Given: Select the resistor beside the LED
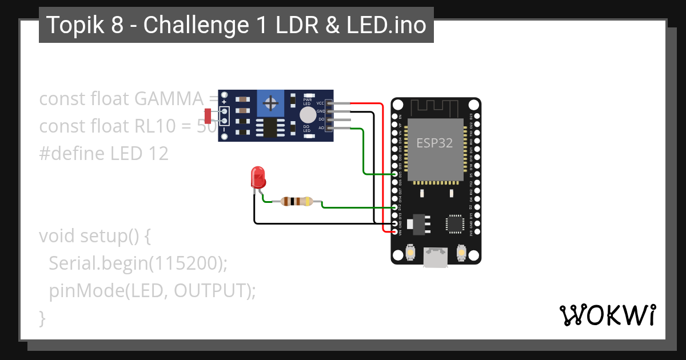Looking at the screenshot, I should coord(294,201).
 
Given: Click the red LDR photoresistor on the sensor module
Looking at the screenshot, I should coord(208,116).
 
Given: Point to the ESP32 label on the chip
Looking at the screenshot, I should coord(434,143).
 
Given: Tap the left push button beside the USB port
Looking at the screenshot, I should coord(410,251).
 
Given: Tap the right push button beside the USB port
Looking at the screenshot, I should coord(462,251).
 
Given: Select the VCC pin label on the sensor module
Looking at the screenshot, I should coord(320,103).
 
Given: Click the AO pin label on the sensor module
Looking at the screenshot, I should coord(321,128).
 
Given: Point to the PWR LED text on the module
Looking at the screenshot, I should coord(307,101).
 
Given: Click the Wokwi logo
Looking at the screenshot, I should coord(607,315).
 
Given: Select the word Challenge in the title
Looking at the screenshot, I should coord(194,25).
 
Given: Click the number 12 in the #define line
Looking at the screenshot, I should coord(159,153).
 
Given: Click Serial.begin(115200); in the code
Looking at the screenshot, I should coord(138,263).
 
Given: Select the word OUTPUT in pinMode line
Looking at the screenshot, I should coord(210,290).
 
